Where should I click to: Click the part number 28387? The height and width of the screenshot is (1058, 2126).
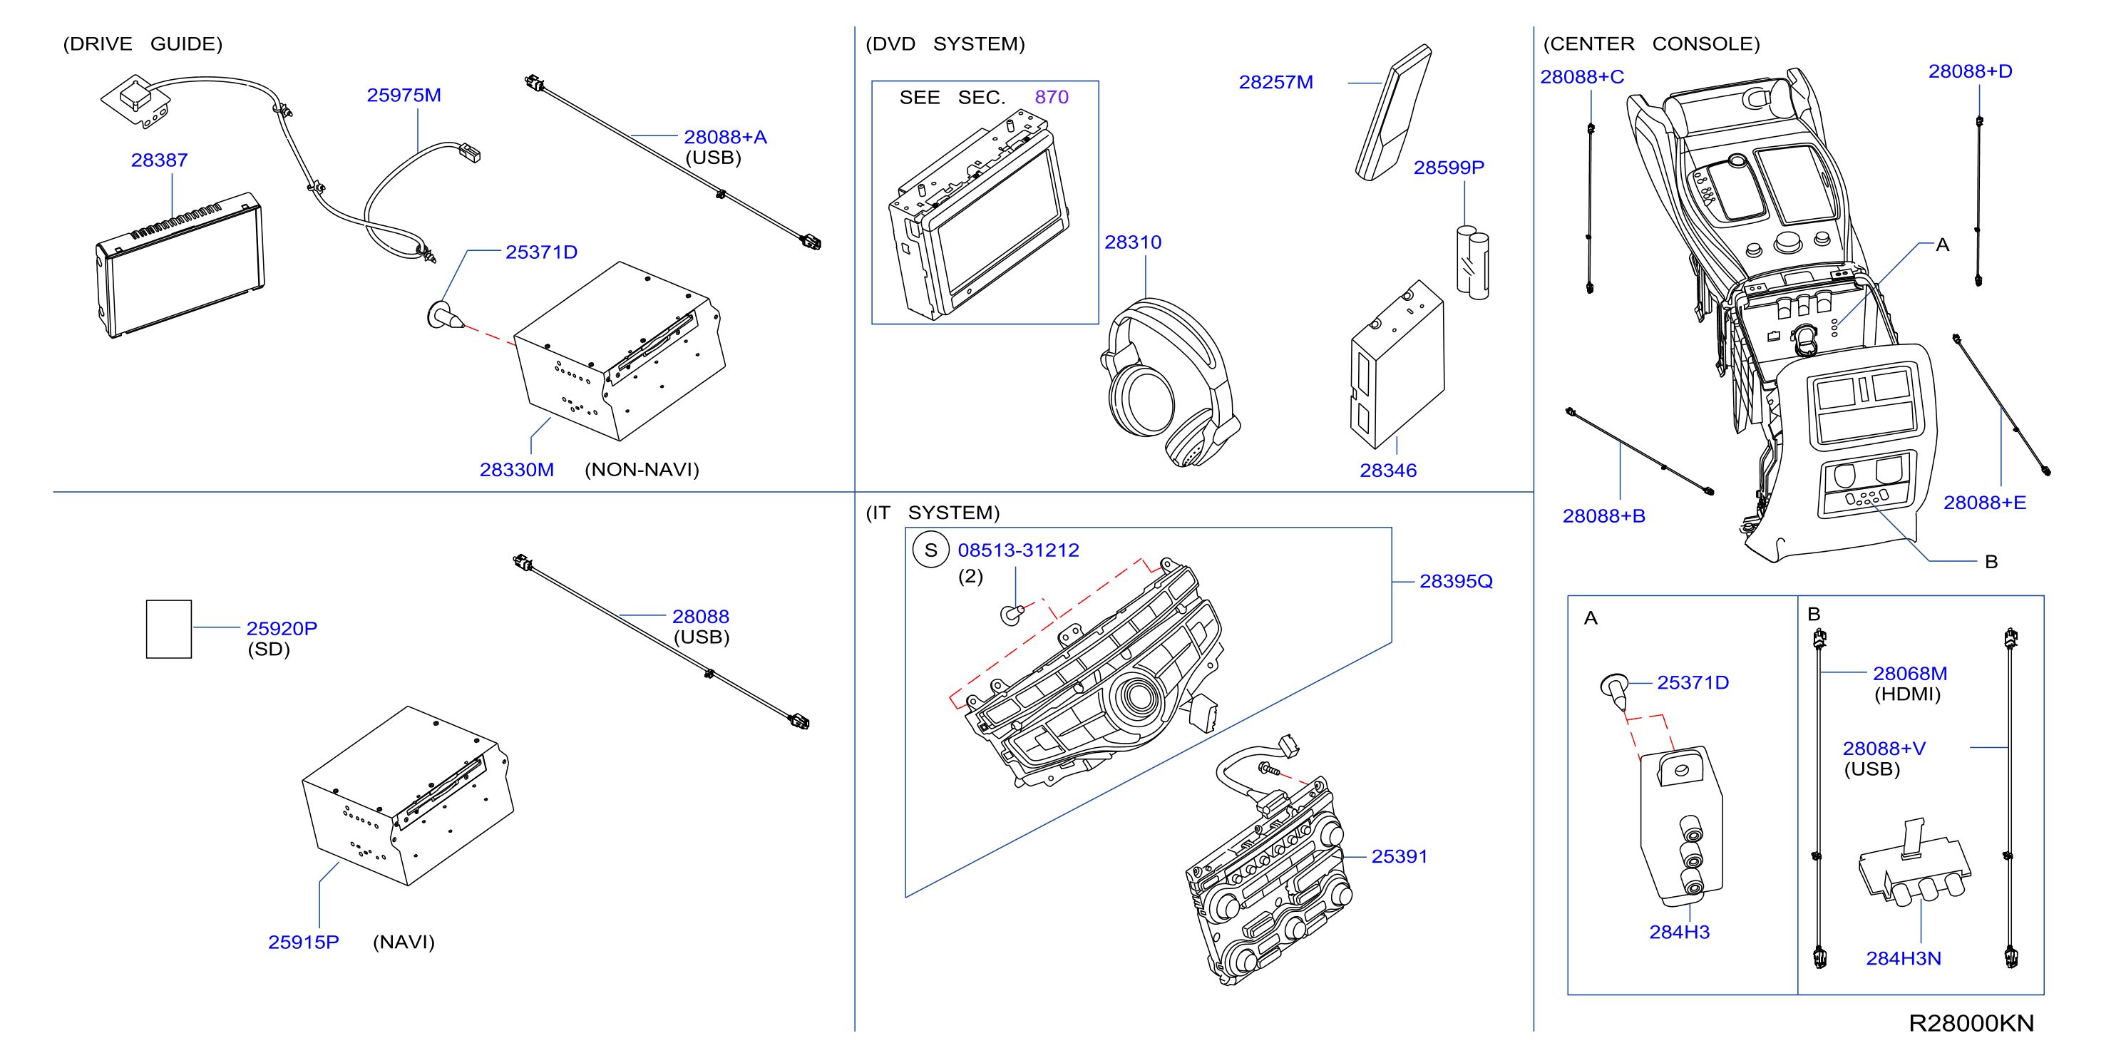click(x=159, y=160)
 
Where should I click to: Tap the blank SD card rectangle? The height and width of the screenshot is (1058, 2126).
click(x=168, y=629)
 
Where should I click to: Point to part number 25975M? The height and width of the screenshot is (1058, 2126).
click(x=404, y=95)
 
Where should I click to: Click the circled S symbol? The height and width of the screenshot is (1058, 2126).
click(x=931, y=550)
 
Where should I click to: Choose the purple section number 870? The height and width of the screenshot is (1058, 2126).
click(x=1052, y=98)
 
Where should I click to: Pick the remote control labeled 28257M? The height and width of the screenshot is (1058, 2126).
click(x=1393, y=112)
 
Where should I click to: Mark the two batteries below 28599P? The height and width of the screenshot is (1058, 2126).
click(x=1472, y=262)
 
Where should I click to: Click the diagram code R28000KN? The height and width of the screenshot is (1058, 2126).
click(x=1971, y=1023)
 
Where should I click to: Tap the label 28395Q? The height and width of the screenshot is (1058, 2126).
click(x=1456, y=581)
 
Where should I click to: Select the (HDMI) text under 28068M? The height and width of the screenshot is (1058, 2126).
click(x=1907, y=694)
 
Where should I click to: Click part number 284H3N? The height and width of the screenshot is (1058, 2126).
click(x=1903, y=958)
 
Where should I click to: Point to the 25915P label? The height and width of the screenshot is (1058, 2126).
click(x=304, y=942)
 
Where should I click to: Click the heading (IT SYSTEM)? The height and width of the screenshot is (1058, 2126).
click(x=933, y=513)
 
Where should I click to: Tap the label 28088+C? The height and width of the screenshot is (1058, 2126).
click(x=1582, y=77)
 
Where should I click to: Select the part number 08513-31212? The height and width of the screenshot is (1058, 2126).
click(x=1018, y=550)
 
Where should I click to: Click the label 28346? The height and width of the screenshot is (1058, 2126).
click(x=1388, y=471)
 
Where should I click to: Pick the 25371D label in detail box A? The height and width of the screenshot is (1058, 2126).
click(x=1693, y=682)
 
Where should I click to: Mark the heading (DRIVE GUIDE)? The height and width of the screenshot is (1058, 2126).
click(x=143, y=43)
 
